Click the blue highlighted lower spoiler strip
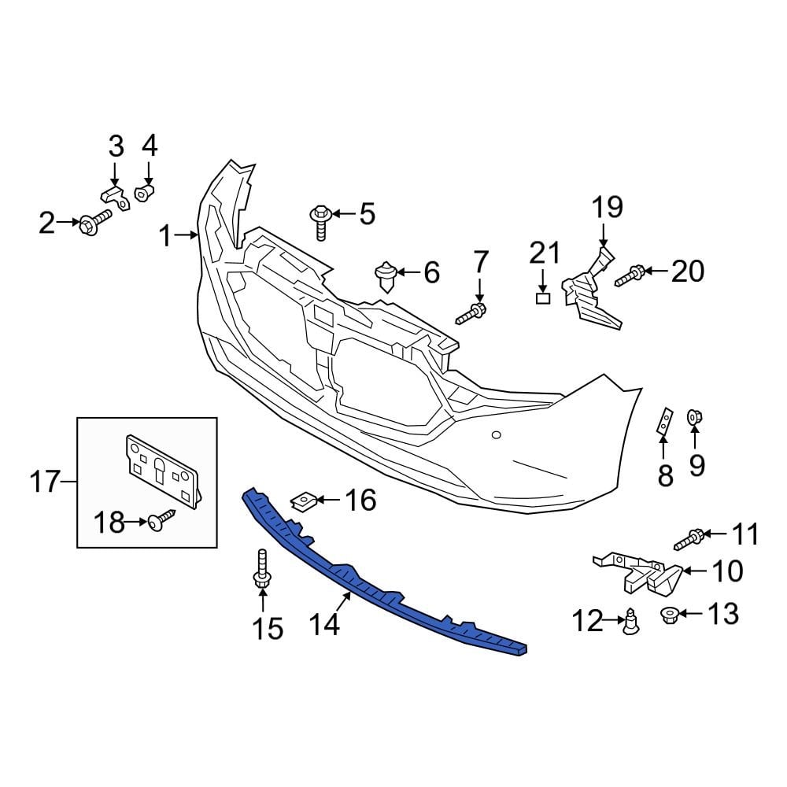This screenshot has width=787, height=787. point(378,582)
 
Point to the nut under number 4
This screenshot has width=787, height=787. point(145,192)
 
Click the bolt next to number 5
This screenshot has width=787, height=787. point(320,220)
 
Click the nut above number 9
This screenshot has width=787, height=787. point(695,416)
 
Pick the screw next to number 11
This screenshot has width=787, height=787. point(689,540)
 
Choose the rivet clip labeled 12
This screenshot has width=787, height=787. point(630,622)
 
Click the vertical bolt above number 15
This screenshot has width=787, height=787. point(262,571)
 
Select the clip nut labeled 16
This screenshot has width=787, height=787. point(304,500)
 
